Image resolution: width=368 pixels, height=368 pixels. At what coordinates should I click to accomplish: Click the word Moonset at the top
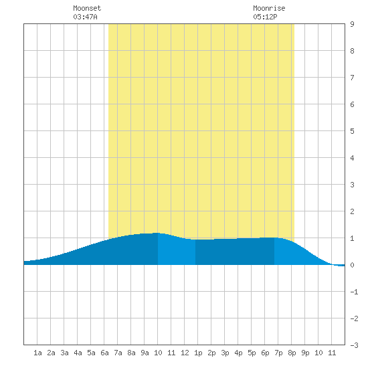pyautogui.click(x=87, y=8)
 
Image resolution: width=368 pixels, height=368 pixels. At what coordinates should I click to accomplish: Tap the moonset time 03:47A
pyautogui.click(x=85, y=17)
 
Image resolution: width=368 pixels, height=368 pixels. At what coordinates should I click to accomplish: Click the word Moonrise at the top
pyautogui.click(x=269, y=8)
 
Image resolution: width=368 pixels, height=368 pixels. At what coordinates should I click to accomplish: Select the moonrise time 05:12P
pyautogui.click(x=265, y=17)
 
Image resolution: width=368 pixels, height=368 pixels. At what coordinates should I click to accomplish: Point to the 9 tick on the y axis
pyautogui.click(x=352, y=24)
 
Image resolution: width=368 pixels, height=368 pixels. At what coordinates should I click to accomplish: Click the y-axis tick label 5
pyautogui.click(x=352, y=131)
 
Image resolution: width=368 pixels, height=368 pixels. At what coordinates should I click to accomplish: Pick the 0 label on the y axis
pyautogui.click(x=352, y=265)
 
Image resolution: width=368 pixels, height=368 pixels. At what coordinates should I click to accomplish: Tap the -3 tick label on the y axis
pyautogui.click(x=355, y=345)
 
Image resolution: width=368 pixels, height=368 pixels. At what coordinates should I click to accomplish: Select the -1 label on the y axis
pyautogui.click(x=355, y=292)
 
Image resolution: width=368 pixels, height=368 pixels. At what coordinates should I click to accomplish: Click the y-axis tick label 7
pyautogui.click(x=352, y=78)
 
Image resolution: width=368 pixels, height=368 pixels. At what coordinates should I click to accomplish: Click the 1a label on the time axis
pyautogui.click(x=37, y=353)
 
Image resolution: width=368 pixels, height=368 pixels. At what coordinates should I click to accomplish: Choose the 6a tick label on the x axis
pyautogui.click(x=104, y=353)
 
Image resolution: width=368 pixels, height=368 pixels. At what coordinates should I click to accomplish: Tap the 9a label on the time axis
pyautogui.click(x=145, y=353)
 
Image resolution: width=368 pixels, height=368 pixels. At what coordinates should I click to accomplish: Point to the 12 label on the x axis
pyautogui.click(x=185, y=353)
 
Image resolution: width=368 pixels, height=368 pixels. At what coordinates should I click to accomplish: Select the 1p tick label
pyautogui.click(x=198, y=353)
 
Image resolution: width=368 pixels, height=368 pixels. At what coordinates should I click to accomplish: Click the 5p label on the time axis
pyautogui.click(x=252, y=353)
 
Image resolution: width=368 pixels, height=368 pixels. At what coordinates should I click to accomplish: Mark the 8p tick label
pyautogui.click(x=292, y=353)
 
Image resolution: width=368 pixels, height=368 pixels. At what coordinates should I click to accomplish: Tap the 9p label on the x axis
pyautogui.click(x=305, y=353)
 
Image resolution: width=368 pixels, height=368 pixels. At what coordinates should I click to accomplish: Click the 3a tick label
pyautogui.click(x=64, y=353)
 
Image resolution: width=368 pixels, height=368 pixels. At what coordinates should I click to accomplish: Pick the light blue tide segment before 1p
pyautogui.click(x=177, y=251)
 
